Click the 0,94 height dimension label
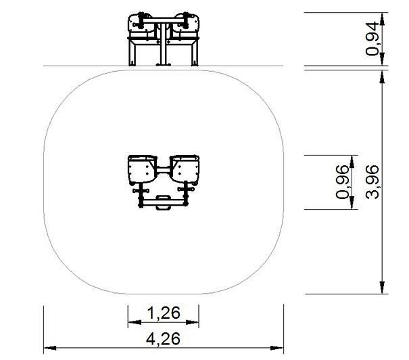tap(372, 39)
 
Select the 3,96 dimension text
tap(372, 182)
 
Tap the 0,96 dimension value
tap(342, 182)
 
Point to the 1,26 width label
tap(164, 313)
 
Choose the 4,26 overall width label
tap(163, 338)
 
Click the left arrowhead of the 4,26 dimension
tap(50, 348)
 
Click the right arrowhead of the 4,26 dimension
tap(277, 348)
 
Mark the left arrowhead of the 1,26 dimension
tap(135, 322)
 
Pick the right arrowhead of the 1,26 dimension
tap(193, 322)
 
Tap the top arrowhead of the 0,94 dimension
tap(382, 19)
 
